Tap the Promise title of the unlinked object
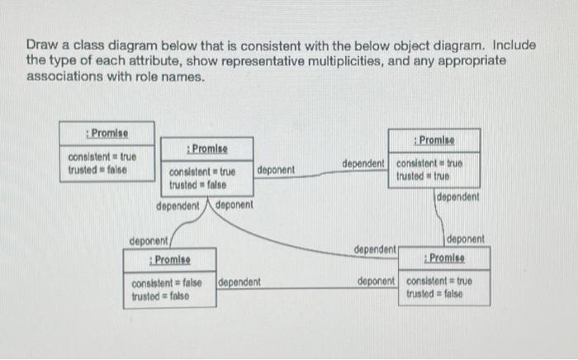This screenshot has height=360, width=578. pyautogui.click(x=107, y=132)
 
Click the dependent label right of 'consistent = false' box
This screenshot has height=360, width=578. pyautogui.click(x=239, y=282)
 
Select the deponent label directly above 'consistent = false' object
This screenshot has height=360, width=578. pyautogui.click(x=149, y=241)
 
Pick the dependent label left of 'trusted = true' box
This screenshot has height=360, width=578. pyautogui.click(x=362, y=164)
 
